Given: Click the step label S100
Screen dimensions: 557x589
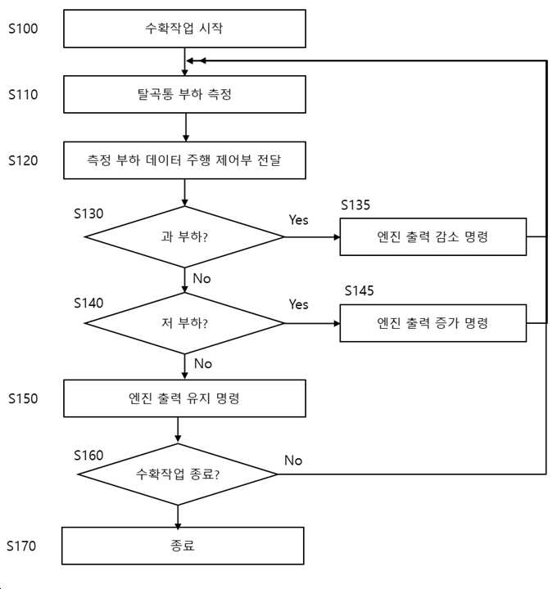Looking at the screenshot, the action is coord(23,29).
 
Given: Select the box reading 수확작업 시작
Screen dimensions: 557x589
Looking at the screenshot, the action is coord(184,29).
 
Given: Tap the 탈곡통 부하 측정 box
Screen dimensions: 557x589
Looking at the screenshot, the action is coord(184,94).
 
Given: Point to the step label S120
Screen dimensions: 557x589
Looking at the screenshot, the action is coord(23,160).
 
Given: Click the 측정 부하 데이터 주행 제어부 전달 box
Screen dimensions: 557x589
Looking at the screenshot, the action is coord(184,160).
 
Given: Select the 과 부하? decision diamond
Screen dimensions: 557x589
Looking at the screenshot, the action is coord(184,237).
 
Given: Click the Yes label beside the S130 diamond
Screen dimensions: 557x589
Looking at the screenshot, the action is coord(298,220).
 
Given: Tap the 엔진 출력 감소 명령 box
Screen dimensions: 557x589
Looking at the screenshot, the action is coord(432,237).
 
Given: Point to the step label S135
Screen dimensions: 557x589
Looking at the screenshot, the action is coord(355,205).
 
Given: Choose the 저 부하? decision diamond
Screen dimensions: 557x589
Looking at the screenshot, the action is coord(184,323).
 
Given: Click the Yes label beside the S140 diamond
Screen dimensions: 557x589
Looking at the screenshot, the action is coord(298,304).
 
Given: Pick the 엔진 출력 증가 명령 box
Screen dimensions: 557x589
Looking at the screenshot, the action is coord(432,323).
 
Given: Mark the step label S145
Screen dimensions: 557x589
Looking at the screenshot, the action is coord(359,290).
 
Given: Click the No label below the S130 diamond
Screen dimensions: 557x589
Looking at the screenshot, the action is coord(202,278).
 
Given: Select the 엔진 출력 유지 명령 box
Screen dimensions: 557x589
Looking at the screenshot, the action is coord(184,398).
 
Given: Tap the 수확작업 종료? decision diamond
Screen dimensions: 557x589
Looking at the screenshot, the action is coord(178,474).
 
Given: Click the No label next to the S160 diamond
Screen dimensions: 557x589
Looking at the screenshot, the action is coord(293,460).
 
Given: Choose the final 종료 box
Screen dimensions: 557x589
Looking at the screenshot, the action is coord(183,546).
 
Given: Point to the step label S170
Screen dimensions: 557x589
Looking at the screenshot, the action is coord(21,546).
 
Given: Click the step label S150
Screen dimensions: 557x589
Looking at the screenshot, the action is coord(23,398).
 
